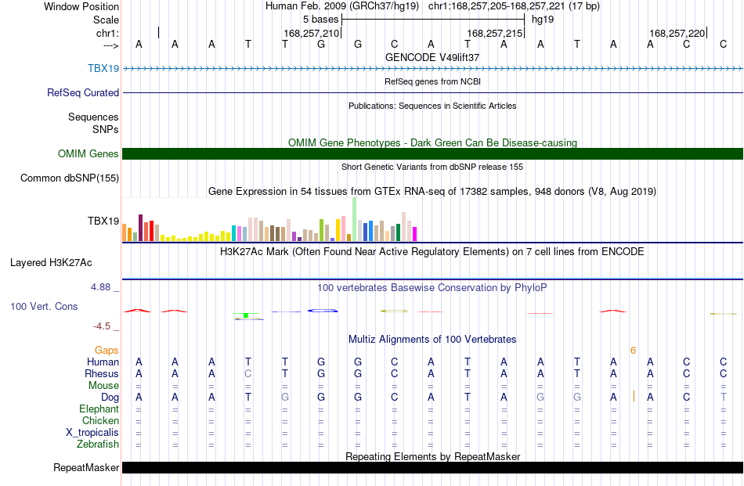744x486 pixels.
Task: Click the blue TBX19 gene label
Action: tap(103, 68)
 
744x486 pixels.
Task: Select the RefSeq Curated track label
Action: tap(83, 92)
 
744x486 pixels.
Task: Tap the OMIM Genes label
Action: tap(88, 153)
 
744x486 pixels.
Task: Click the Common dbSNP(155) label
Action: tap(70, 178)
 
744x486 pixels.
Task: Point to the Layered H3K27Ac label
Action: tap(51, 263)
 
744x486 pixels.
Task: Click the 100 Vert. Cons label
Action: tap(44, 306)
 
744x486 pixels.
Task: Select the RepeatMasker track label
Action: tap(86, 467)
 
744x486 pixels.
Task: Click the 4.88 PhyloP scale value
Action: tap(100, 287)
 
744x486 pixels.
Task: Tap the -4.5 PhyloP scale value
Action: tap(102, 326)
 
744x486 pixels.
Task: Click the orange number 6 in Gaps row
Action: tap(633, 351)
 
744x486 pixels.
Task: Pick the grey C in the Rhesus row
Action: tap(247, 373)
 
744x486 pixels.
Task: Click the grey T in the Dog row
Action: tap(723, 397)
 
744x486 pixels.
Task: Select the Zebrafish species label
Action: tap(98, 445)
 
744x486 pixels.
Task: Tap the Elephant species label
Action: tap(99, 409)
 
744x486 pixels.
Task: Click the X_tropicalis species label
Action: tap(92, 433)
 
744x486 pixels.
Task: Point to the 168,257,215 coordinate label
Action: tap(494, 33)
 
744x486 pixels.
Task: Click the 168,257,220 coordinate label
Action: tap(677, 33)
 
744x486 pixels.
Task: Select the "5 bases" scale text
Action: tap(321, 20)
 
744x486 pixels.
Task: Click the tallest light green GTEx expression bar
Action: tap(355, 220)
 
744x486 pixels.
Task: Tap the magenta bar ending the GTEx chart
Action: tap(415, 234)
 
